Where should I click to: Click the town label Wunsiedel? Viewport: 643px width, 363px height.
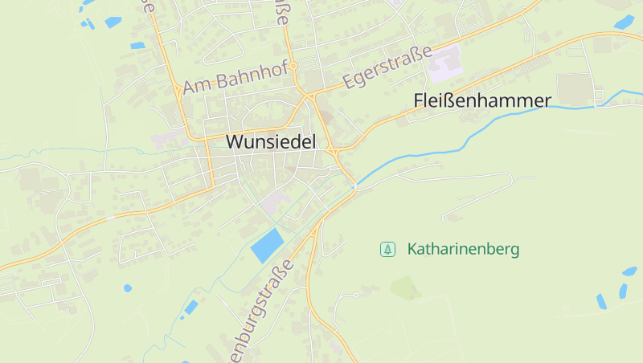pos(272,141)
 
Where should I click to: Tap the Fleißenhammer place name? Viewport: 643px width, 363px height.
pos(482,100)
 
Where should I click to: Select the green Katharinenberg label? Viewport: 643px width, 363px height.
pos(463,249)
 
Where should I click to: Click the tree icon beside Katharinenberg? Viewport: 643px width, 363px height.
pos(387,250)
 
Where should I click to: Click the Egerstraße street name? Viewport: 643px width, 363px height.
pos(382,68)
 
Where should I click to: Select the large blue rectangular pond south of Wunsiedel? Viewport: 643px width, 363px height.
pos(268,245)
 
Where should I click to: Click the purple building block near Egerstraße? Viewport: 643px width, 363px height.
pos(445,64)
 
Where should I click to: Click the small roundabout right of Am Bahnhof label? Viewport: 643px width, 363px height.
pos(294,66)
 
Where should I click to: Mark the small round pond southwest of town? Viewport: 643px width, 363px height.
pos(127,288)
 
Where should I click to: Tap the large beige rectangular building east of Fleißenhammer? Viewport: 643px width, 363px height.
pos(573,90)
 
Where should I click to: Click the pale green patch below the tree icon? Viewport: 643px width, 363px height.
pos(406,287)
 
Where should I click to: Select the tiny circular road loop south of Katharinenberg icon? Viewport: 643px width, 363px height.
pos(354,296)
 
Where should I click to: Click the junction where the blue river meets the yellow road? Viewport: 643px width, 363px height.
pos(354,186)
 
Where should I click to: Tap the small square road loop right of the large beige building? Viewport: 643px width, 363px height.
pos(599,97)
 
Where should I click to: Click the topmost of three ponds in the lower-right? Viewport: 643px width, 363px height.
pos(629,271)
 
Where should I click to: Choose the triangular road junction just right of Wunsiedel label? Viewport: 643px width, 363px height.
pos(332,150)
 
